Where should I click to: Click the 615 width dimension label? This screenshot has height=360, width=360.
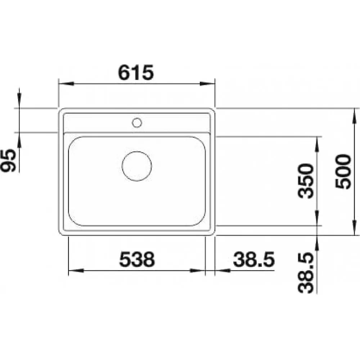(135, 72)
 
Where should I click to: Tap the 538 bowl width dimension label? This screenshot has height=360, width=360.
(137, 259)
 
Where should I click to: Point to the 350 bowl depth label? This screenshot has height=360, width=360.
(306, 181)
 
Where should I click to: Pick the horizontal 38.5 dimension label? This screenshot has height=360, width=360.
(254, 259)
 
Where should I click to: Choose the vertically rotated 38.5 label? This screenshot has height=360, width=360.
(306, 273)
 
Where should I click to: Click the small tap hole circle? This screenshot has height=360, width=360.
(137, 123)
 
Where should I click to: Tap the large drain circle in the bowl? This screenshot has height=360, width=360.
(137, 166)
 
